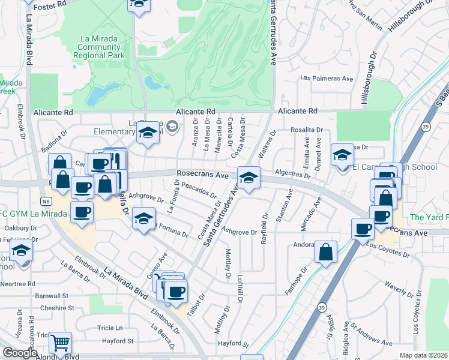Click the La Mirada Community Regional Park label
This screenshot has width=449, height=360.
[x=102, y=48]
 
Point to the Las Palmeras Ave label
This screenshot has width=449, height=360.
[x=327, y=78]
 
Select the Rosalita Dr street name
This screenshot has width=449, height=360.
[x=307, y=129]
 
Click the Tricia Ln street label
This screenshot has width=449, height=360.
[x=110, y=328]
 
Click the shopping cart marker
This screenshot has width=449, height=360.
[x=60, y=343]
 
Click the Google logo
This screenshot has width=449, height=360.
[x=19, y=353]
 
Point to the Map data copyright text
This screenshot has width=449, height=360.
[x=423, y=355]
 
